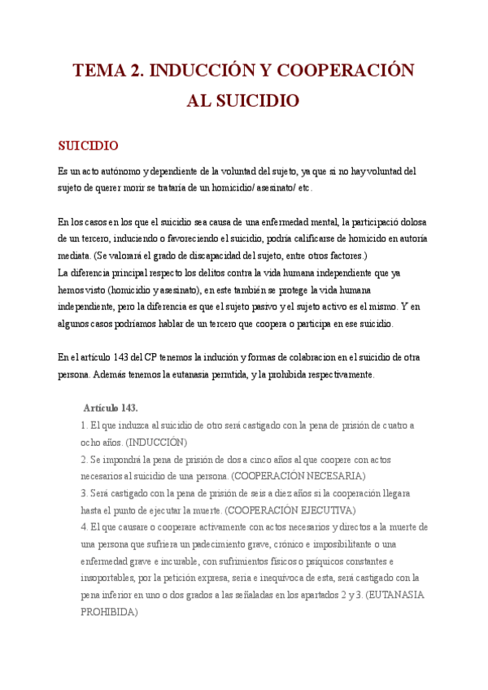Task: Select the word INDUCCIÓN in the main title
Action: tap(194, 71)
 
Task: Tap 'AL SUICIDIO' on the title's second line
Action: tap(243, 101)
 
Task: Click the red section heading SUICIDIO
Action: tap(88, 146)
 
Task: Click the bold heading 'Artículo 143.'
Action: tap(111, 408)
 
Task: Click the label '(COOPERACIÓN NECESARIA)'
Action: tap(298, 476)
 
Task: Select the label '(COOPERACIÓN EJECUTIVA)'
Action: tap(290, 510)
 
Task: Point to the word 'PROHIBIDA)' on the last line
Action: tap(109, 612)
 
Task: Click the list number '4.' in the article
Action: tap(85, 527)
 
